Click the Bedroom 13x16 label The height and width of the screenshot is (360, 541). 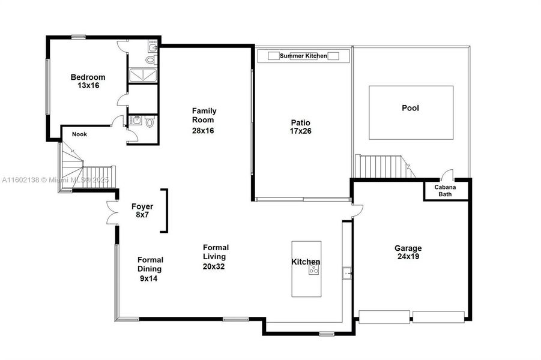click(88, 81)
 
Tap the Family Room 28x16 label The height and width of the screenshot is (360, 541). click(204, 120)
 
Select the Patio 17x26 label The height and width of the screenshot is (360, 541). click(300, 126)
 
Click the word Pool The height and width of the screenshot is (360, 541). click(410, 109)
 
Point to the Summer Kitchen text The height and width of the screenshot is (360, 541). click(303, 56)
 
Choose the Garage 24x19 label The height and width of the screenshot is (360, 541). click(408, 253)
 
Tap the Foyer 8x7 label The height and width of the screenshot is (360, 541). click(142, 211)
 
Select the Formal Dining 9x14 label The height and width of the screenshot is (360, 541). click(150, 269)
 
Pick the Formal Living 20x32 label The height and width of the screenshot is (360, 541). click(214, 257)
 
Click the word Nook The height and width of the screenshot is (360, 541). click(79, 134)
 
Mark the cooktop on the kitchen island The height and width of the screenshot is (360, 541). click(313, 270)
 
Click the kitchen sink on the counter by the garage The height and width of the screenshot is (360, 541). click(347, 274)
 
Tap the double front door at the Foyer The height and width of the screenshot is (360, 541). click(112, 211)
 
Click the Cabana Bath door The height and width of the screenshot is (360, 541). click(446, 175)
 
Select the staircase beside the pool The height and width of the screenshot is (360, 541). click(379, 166)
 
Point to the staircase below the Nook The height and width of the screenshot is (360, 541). click(84, 170)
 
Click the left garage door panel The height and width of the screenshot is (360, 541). click(384, 317)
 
